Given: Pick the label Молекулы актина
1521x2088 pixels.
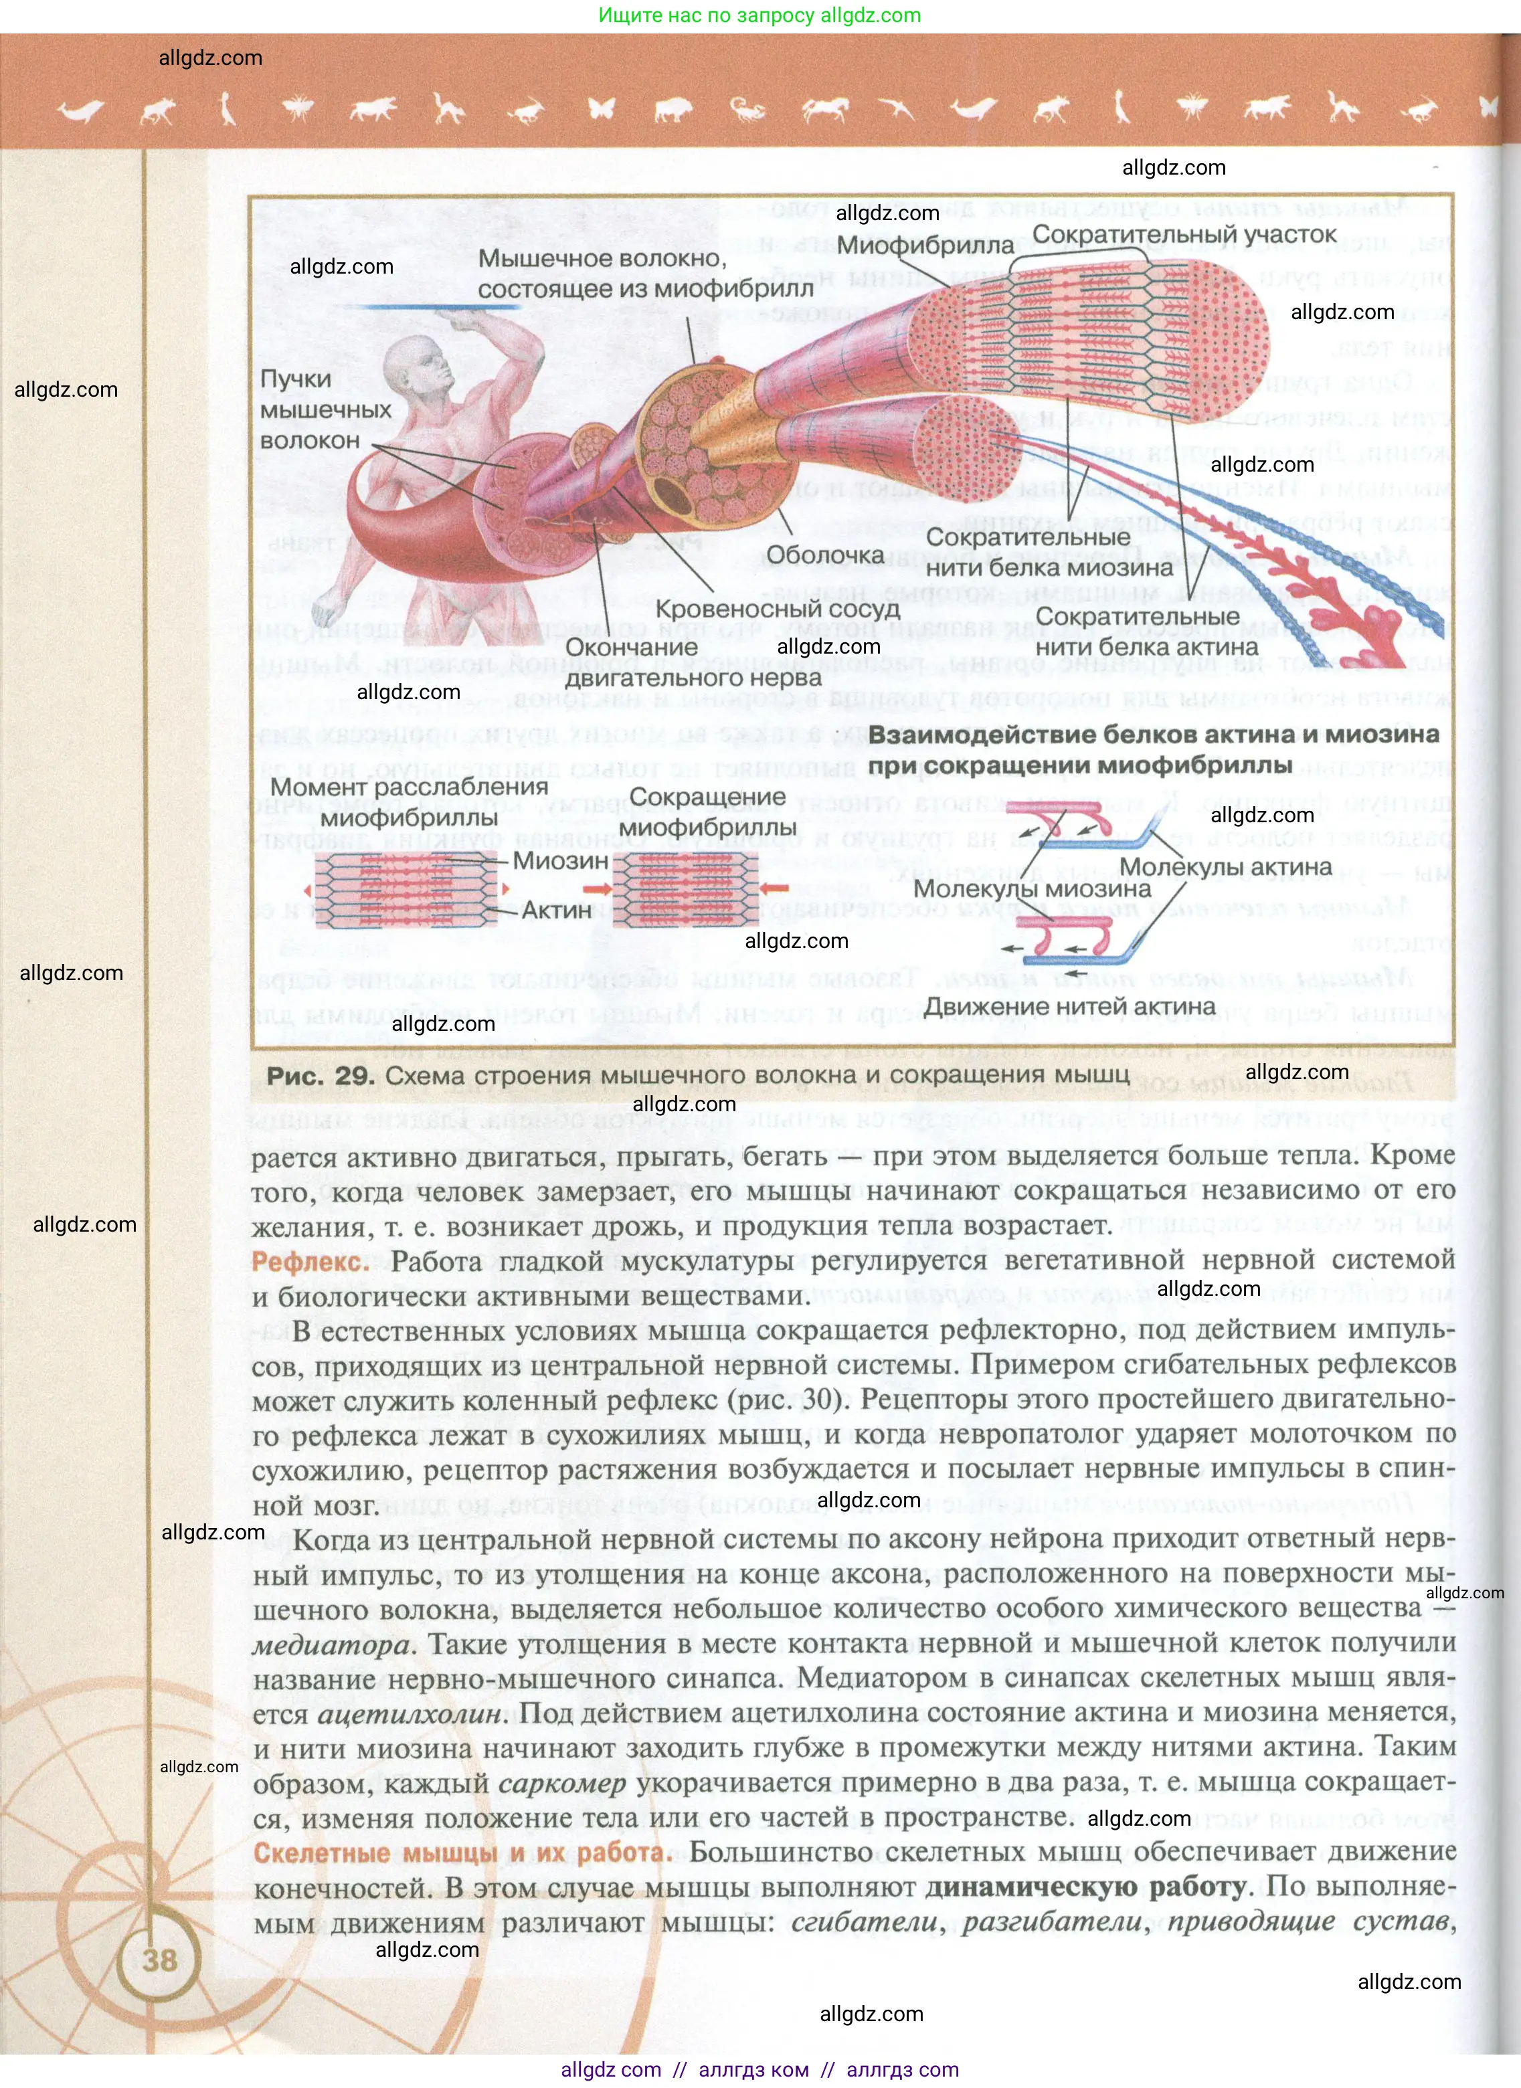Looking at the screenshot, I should tap(1225, 867).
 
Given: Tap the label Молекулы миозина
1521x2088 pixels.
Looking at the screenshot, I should tap(1031, 889).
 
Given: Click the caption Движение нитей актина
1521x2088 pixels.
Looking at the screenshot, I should tap(1070, 1006).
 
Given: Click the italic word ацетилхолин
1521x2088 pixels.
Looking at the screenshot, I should tap(412, 1714).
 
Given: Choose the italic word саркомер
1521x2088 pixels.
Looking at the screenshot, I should tap(561, 1784).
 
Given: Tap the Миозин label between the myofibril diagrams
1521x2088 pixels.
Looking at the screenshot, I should tap(560, 861).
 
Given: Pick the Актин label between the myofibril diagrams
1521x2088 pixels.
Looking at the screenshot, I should tap(556, 910).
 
